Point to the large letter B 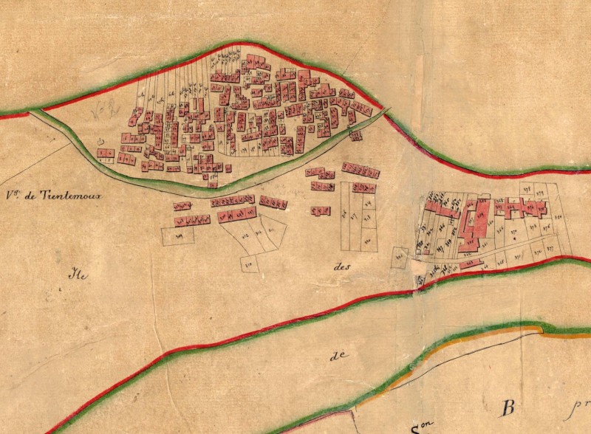pyautogui.click(x=508, y=407)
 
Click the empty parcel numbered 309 pyautogui.click(x=178, y=235)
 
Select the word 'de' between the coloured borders pyautogui.click(x=339, y=355)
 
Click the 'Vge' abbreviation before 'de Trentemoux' pyautogui.click(x=12, y=196)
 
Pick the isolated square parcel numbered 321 pyautogui.click(x=400, y=255)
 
